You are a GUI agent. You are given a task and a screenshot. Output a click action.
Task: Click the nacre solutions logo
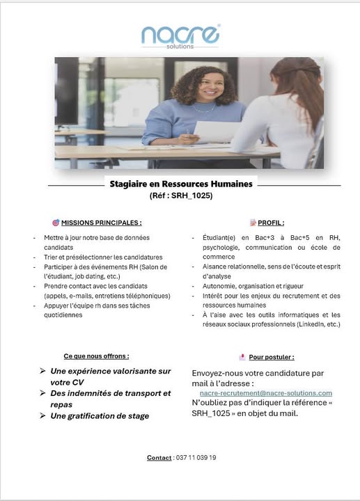[x=180, y=35]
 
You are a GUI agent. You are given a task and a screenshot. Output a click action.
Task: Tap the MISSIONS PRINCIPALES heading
[x=101, y=223]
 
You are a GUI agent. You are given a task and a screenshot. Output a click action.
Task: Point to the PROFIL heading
[x=270, y=223]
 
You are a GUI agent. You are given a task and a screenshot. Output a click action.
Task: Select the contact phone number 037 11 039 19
[x=195, y=457]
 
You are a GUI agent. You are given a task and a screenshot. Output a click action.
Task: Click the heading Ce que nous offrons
[x=96, y=356]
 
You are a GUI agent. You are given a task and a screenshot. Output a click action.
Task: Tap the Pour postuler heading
[x=271, y=357]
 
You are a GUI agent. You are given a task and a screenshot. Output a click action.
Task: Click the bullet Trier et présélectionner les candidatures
[x=102, y=257]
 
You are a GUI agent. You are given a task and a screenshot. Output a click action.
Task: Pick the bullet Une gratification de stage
[x=100, y=415]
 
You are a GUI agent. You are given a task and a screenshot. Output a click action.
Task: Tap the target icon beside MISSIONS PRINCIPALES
[x=55, y=223]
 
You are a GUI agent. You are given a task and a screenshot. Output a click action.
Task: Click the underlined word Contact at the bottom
[x=159, y=457]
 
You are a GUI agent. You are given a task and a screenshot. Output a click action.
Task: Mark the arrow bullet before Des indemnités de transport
[x=43, y=393]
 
